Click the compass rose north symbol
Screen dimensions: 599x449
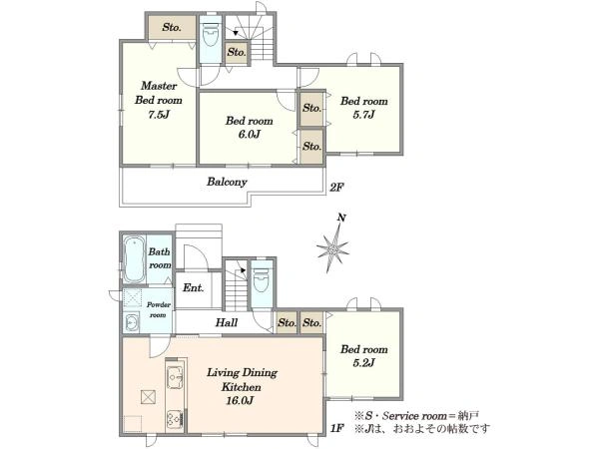click(x=333, y=248)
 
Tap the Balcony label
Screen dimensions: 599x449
click(x=227, y=182)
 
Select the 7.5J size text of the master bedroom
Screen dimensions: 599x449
click(x=159, y=114)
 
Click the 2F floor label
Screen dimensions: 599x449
click(x=337, y=188)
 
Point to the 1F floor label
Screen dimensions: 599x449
click(x=337, y=428)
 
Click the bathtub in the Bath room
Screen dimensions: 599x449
click(x=134, y=259)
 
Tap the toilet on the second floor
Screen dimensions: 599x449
click(x=210, y=35)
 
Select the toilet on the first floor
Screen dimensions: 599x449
click(x=262, y=279)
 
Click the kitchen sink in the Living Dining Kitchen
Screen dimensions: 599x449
click(x=176, y=377)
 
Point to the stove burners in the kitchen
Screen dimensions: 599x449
click(x=176, y=419)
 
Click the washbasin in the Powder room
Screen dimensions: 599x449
click(x=132, y=322)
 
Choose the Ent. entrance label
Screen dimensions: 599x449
click(x=193, y=287)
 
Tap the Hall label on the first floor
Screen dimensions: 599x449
click(x=227, y=322)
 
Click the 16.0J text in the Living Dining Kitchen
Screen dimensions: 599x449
click(x=240, y=400)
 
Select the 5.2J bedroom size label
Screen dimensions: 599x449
click(x=363, y=363)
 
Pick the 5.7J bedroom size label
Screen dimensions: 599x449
click(x=363, y=114)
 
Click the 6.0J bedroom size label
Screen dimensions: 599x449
click(x=249, y=134)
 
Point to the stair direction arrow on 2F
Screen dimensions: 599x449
click(x=236, y=33)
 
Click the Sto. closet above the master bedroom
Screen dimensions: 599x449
click(x=172, y=27)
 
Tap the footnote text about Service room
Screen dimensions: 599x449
click(x=416, y=415)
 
